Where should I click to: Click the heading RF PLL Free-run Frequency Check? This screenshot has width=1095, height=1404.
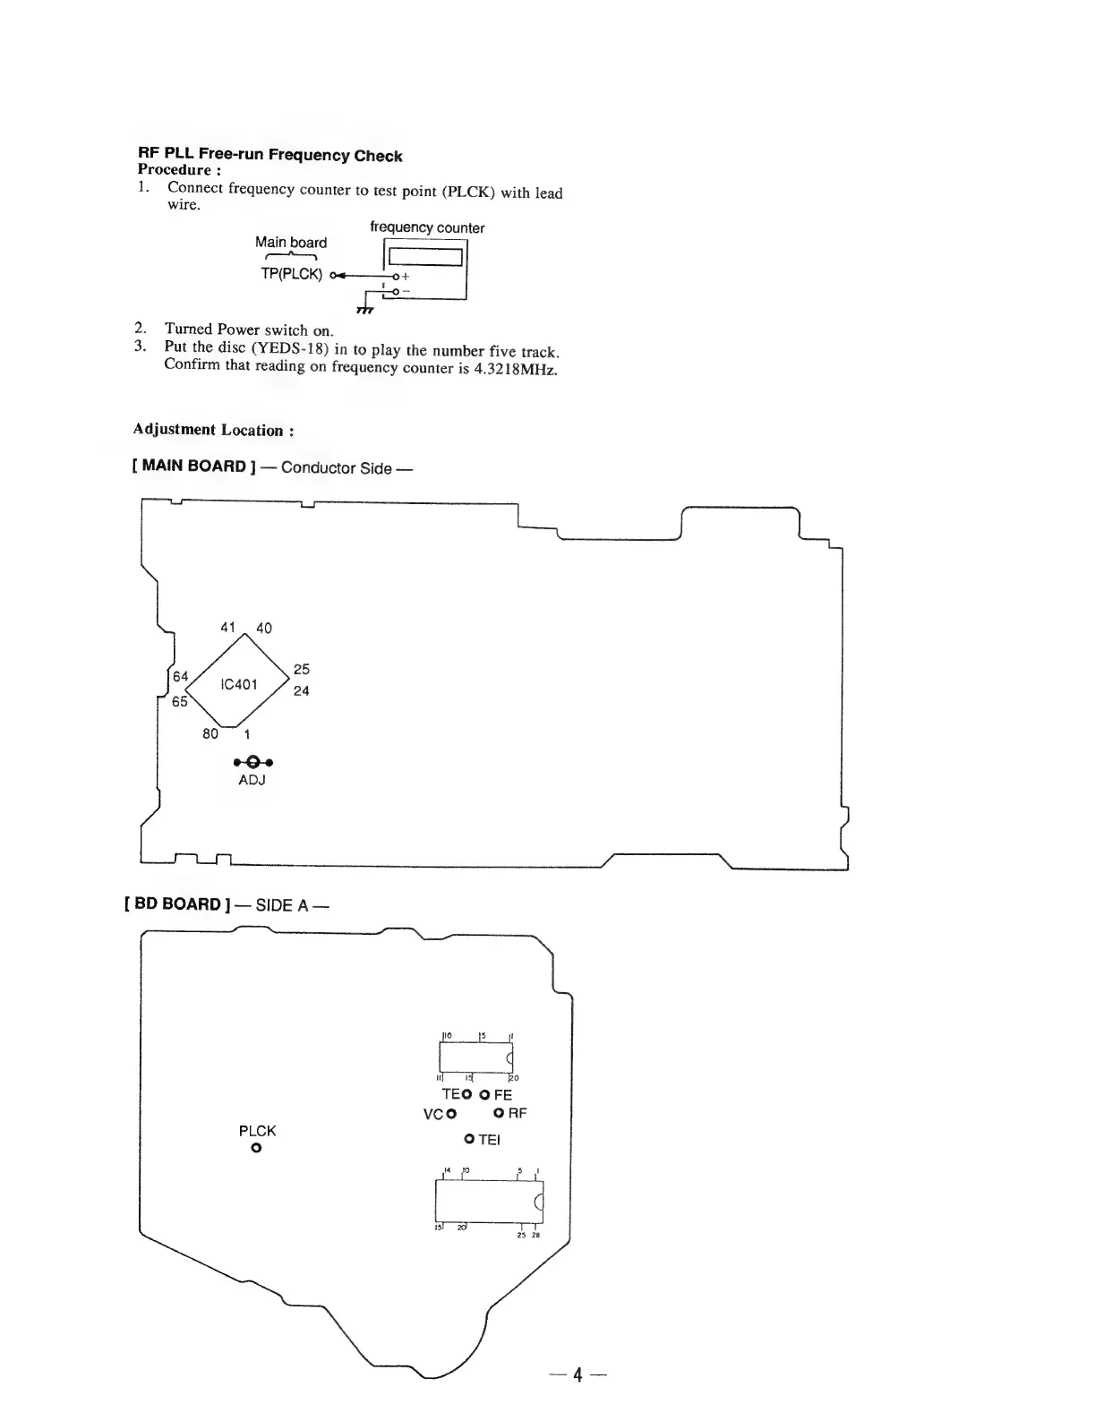click(x=269, y=155)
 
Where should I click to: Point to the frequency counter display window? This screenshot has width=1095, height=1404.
click(x=424, y=257)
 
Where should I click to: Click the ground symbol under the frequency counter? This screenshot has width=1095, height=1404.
click(x=364, y=310)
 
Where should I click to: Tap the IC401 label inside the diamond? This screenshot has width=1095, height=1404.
click(x=239, y=685)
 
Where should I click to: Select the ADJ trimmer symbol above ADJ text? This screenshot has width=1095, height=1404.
click(x=252, y=762)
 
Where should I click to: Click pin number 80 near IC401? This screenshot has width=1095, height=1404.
click(x=210, y=734)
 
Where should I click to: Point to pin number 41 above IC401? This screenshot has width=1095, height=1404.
click(x=227, y=628)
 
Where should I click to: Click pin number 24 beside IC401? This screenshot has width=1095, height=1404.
click(x=301, y=691)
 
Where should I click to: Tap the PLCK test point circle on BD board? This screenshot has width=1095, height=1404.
click(x=256, y=1148)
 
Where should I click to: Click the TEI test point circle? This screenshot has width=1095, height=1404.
click(x=469, y=1139)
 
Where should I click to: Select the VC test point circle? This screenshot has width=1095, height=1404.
click(x=451, y=1114)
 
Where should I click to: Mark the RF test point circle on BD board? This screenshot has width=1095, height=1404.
click(x=499, y=1114)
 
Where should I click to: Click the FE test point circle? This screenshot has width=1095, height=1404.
click(x=484, y=1094)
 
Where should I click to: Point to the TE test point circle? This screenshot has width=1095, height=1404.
click(x=466, y=1094)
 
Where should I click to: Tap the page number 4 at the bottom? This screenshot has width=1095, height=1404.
click(x=578, y=1374)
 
